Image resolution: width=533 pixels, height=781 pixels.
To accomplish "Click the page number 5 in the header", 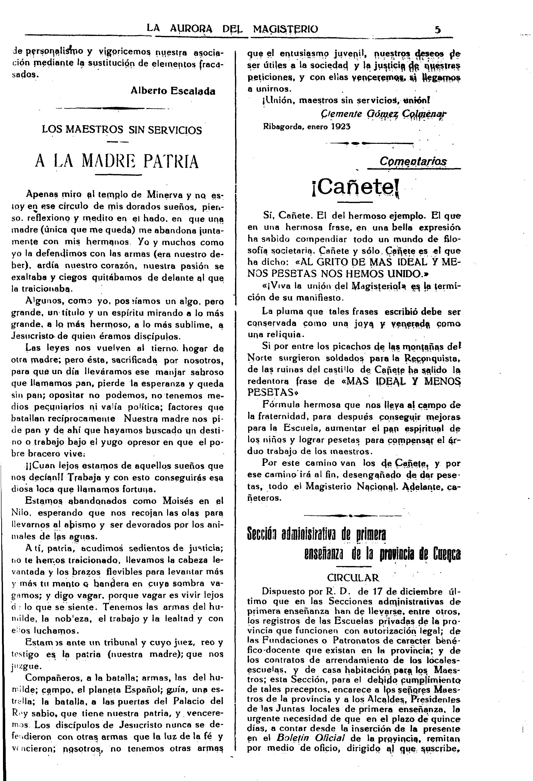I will click(x=437, y=30).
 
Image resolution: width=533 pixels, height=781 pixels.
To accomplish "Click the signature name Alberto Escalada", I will click(x=173, y=91).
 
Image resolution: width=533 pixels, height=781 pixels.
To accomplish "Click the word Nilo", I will click(x=21, y=513).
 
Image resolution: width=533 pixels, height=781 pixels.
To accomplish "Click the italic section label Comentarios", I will click(x=413, y=161).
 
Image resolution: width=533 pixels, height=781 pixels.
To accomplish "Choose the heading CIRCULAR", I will click(x=353, y=577).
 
